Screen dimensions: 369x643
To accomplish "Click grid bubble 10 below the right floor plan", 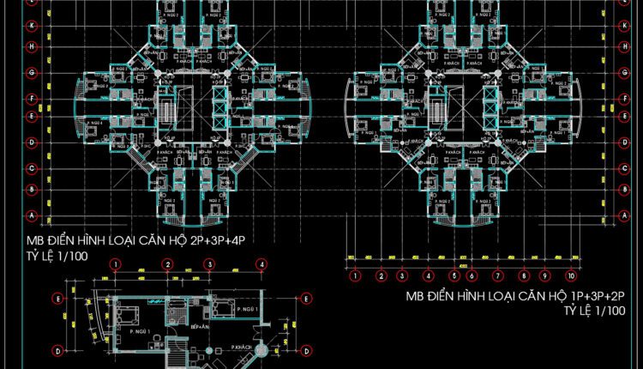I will click(x=569, y=276).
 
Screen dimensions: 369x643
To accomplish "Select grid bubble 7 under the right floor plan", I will click(x=496, y=276).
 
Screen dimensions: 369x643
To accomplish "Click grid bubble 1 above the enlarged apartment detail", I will click(x=117, y=265).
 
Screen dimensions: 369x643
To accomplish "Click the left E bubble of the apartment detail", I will click(x=57, y=299).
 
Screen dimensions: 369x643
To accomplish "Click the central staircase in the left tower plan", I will click(x=166, y=110).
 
